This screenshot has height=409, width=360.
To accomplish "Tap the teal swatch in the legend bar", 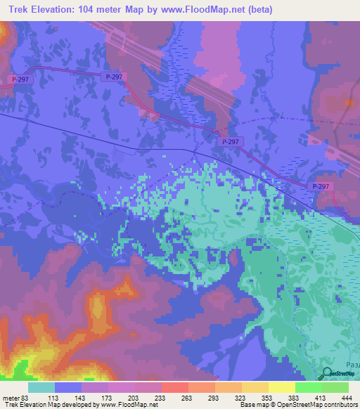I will click(x=42, y=387).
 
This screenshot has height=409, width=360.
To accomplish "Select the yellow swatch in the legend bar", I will click(x=281, y=387).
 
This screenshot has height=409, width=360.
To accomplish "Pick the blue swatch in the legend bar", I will click(x=69, y=387).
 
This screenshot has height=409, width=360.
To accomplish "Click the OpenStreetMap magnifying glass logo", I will click(x=328, y=374).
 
